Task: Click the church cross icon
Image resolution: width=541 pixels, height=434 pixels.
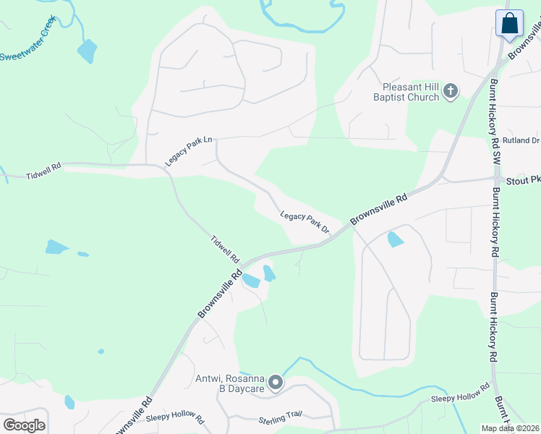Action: point(450,91)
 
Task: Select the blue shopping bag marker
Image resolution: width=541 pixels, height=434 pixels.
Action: point(510,23)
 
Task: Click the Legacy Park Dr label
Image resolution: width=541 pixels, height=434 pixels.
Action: point(304,222)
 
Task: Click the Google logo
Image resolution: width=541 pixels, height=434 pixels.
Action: point(24,425)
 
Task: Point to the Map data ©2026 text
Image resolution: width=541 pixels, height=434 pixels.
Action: point(510,428)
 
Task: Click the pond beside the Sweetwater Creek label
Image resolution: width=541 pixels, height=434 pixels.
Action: point(87,51)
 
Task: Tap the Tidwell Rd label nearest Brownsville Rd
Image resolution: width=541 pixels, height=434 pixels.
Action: point(225,248)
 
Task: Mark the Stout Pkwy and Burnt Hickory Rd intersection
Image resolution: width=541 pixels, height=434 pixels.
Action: point(496,179)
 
